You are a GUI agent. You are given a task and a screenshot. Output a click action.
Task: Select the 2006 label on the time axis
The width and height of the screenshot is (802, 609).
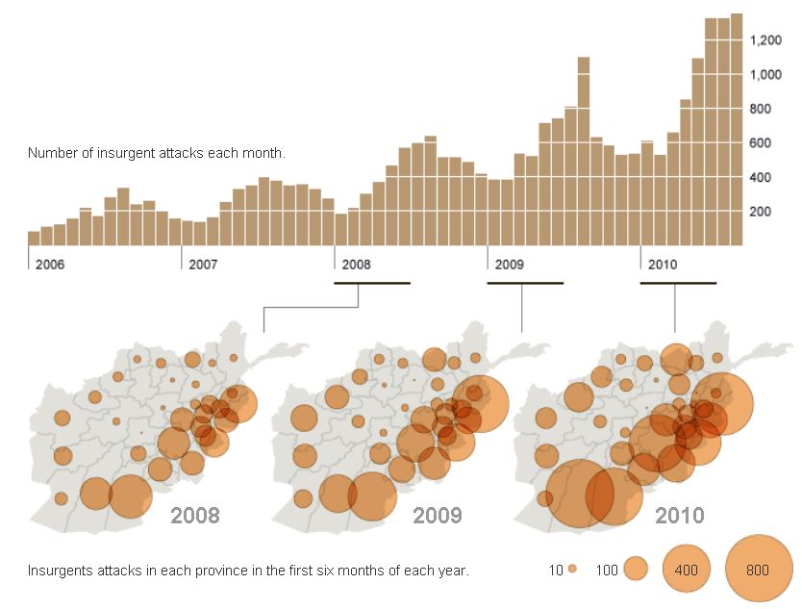50,264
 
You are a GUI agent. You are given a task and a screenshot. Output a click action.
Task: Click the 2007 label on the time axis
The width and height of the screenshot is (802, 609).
203,264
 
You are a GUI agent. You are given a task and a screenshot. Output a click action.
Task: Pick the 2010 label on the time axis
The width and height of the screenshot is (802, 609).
664,264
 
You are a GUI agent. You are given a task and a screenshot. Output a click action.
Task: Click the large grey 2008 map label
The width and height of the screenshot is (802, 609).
195,515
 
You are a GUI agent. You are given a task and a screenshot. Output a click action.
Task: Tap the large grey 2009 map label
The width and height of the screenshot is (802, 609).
438,515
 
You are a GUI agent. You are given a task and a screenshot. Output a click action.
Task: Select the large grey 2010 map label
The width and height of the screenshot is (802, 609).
680,515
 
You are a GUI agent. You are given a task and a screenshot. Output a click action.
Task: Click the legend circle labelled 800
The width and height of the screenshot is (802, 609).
758,570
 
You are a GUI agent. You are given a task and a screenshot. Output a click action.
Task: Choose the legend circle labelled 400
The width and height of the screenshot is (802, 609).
686,570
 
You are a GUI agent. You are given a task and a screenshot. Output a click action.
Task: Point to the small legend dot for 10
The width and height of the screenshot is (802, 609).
572,570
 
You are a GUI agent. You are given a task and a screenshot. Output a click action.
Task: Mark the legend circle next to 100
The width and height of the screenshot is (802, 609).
636,570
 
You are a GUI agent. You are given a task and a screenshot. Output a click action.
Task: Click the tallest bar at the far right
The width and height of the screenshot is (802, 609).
737,130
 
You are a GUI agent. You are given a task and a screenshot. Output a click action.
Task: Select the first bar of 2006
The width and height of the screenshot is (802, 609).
34,239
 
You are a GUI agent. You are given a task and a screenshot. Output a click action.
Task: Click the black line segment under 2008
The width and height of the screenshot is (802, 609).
372,283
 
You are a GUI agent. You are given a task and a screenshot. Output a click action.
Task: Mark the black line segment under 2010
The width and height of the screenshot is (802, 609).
678,283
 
